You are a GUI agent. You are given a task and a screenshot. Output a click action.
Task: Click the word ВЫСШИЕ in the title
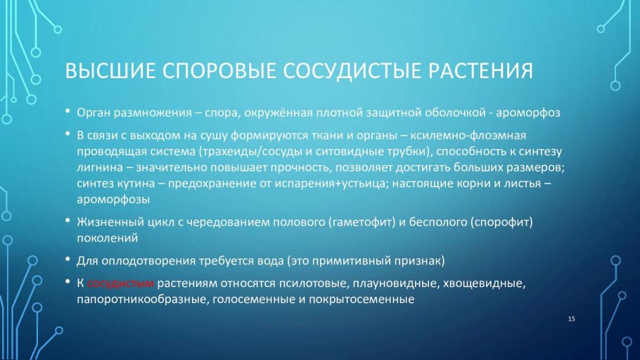pyautogui.click(x=108, y=72)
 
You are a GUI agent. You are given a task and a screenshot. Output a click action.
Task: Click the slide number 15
pyautogui.click(x=571, y=320)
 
